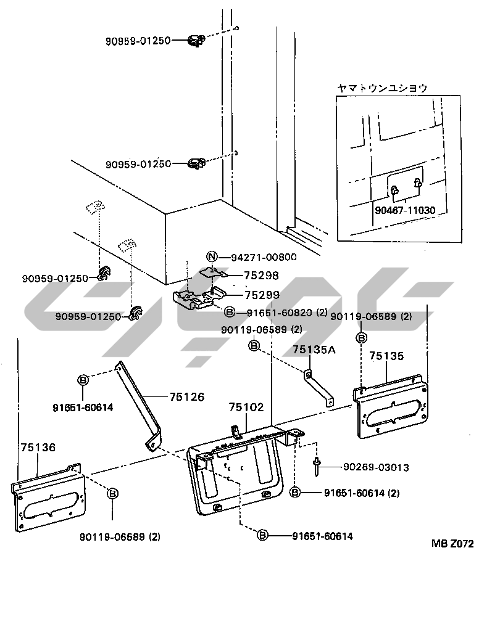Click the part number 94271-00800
pos(264,258)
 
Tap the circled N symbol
pos(212,258)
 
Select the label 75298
pos(262,276)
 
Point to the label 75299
pos(262,295)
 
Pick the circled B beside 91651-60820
pos(229,313)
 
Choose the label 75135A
pos(314,350)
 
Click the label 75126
pos(186,397)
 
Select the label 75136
pos(38,448)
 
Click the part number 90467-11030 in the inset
pos(404,210)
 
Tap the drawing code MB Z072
pos(452,544)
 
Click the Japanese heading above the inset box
pos(381,88)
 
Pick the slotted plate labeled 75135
pos(393,412)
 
